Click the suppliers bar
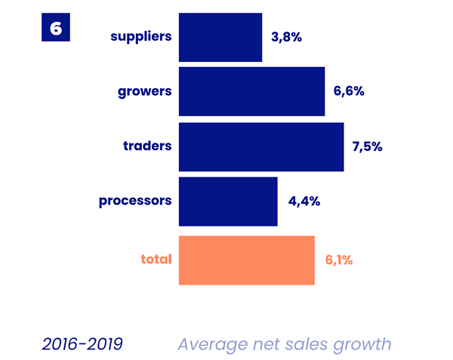tap(220, 37)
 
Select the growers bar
tap(251, 91)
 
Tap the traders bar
tap(261, 146)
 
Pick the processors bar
tap(228, 201)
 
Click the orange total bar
tap(246, 260)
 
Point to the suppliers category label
tap(141, 36)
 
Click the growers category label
tap(145, 91)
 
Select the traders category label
tap(148, 146)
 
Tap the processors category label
tap(136, 201)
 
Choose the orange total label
tap(156, 260)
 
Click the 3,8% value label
tap(286, 36)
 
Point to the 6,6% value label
tap(349, 91)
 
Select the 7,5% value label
tap(368, 146)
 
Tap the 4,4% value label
tap(304, 201)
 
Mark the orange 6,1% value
tap(339, 260)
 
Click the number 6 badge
tap(56, 28)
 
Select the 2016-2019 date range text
tap(82, 344)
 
